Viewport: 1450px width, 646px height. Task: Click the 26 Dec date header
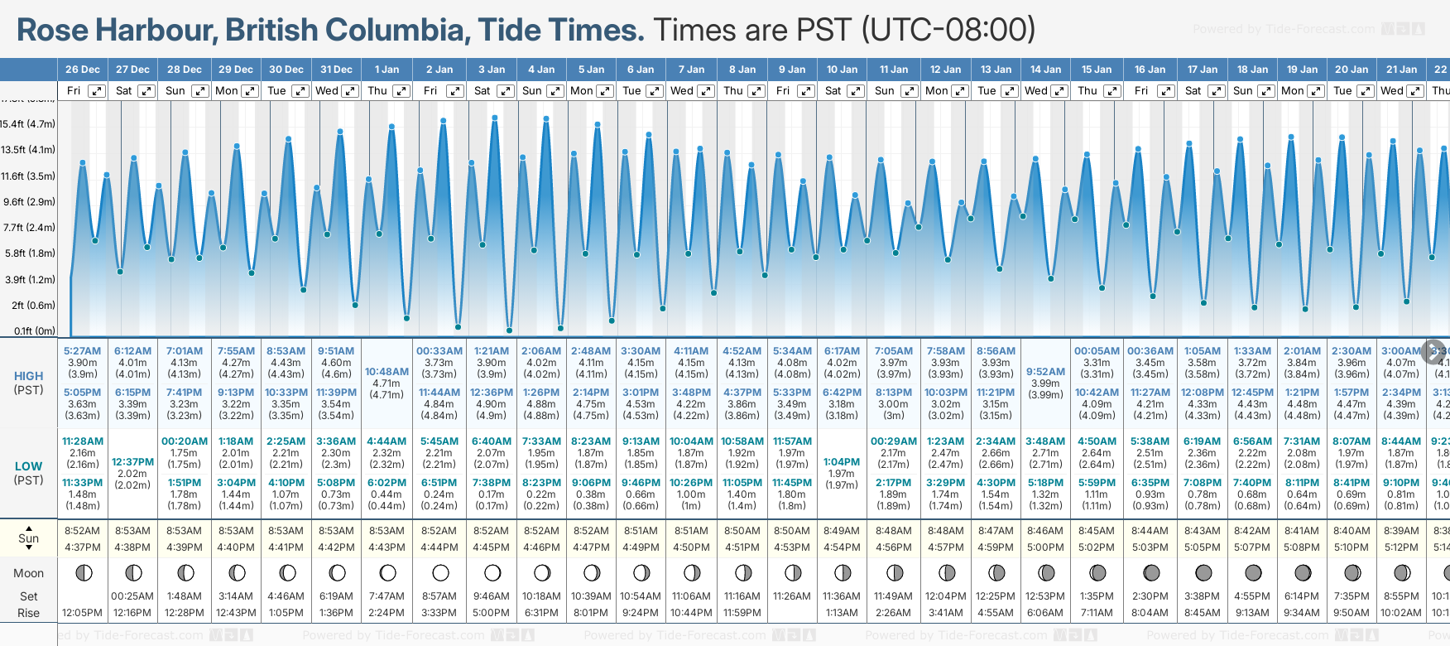(83, 70)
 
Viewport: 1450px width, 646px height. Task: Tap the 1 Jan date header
(387, 70)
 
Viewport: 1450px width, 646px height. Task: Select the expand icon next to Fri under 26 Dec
(97, 91)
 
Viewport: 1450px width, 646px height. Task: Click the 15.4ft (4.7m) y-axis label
(28, 124)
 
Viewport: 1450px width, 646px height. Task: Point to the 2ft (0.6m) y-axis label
(33, 306)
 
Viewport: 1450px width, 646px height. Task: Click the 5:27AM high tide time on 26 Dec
(82, 351)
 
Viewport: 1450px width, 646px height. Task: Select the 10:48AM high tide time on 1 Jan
(387, 372)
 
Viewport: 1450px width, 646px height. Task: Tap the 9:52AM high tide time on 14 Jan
(1045, 372)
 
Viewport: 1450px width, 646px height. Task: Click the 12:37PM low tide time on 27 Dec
(132, 462)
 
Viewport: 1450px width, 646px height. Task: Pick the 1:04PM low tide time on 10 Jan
(842, 462)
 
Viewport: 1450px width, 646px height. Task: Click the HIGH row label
(29, 376)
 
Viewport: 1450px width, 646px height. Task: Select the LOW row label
(29, 466)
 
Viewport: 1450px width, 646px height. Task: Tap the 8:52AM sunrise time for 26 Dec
(82, 531)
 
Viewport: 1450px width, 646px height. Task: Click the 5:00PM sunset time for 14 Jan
(1045, 547)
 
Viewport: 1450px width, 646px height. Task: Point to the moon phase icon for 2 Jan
(440, 572)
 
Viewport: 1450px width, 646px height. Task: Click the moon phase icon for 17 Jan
(1203, 572)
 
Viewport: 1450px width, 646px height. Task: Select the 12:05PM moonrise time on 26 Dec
(82, 613)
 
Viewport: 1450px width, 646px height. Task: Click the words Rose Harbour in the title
(116, 31)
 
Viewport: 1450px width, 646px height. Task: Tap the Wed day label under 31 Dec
(327, 91)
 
